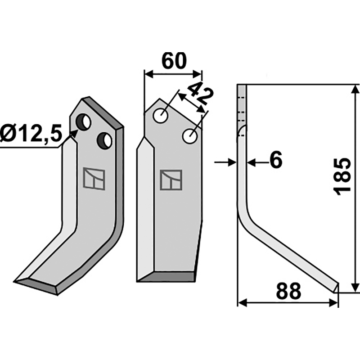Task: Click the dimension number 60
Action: point(173,61)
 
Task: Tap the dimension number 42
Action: point(198,94)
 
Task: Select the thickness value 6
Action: point(275,160)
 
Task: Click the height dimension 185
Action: point(343,176)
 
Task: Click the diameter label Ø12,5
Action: point(31,135)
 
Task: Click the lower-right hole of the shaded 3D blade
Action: point(105,140)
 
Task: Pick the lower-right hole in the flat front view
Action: point(189,135)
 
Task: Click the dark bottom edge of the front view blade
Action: point(166,277)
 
